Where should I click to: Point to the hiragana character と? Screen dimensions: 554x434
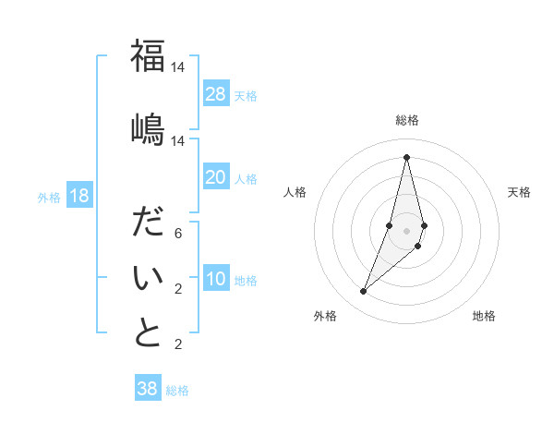148,332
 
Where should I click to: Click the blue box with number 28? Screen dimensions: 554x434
216,93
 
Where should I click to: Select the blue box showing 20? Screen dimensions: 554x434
216,177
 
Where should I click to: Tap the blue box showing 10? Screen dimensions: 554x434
216,280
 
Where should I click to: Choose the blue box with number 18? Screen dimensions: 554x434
78,196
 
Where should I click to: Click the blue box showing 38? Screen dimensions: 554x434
148,389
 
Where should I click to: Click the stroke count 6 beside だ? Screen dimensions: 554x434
177,234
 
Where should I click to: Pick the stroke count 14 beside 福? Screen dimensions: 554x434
177,67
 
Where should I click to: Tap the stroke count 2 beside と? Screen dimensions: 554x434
177,344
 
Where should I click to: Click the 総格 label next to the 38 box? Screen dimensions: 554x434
177,391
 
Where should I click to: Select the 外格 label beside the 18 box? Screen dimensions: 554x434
48,197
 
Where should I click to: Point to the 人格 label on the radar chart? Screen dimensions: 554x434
295,192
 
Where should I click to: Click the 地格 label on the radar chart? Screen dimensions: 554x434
484,316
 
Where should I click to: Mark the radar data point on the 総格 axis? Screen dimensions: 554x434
406,156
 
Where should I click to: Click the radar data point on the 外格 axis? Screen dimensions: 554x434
363,292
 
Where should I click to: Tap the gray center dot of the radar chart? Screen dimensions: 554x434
406,231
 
